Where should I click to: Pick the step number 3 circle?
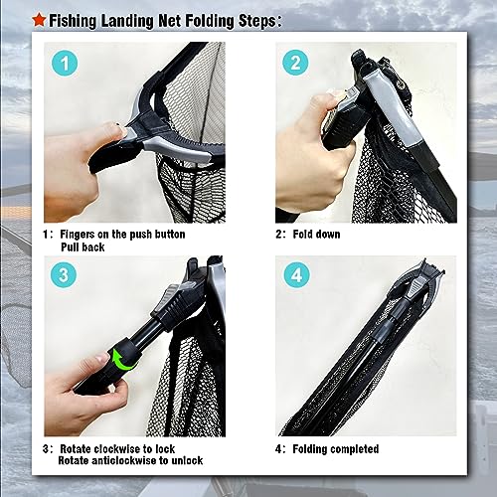coord(66,276)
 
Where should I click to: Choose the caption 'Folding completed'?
coord(337,449)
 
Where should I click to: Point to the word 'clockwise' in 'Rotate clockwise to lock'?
coord(121,449)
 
